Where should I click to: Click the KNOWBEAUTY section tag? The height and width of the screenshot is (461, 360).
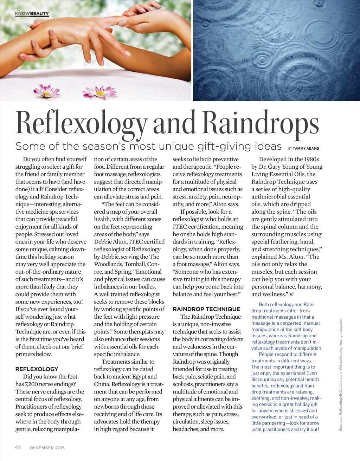pyautogui.click(x=32, y=14)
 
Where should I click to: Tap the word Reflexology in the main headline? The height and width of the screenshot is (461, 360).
pyautogui.click(x=82, y=123)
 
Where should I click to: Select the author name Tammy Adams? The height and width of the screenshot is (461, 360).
pyautogui.click(x=306, y=149)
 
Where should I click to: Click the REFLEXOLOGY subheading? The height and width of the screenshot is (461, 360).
pyautogui.click(x=37, y=369)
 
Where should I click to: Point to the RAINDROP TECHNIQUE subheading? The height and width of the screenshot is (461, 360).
pyautogui.click(x=206, y=309)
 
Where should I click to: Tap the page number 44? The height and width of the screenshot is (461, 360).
pyautogui.click(x=18, y=447)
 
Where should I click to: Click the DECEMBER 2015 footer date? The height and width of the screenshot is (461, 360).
pyautogui.click(x=47, y=448)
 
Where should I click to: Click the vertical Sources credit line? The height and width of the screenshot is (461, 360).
pyautogui.click(x=340, y=374)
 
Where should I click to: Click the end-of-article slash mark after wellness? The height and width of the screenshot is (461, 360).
pyautogui.click(x=291, y=294)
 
